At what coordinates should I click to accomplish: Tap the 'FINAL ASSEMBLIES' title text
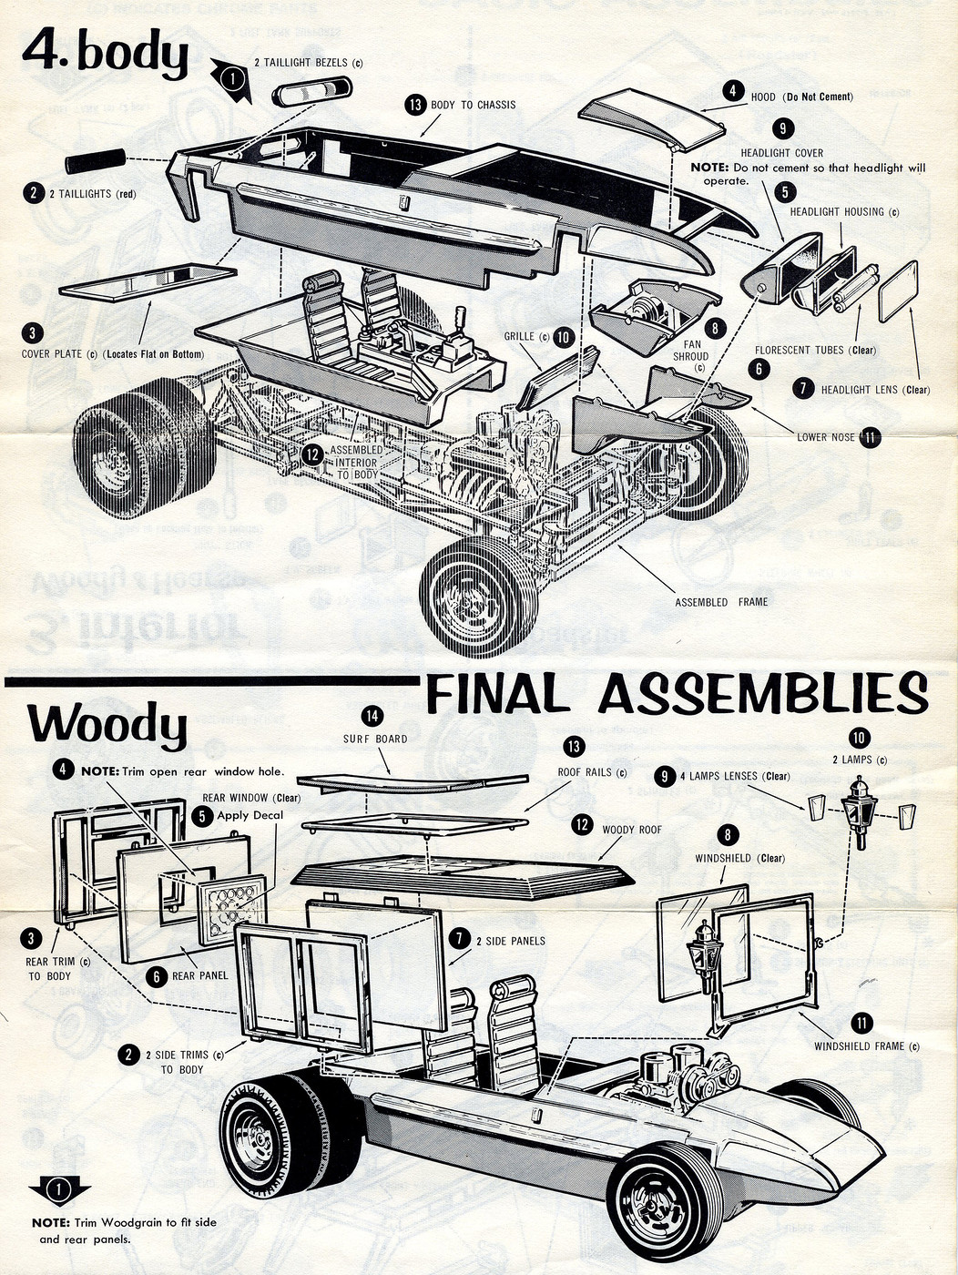[676, 695]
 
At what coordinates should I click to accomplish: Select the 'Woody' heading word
[107, 725]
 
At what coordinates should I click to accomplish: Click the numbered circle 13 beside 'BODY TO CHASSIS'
[415, 105]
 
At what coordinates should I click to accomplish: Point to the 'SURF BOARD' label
[375, 739]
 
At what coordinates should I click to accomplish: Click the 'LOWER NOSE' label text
[825, 437]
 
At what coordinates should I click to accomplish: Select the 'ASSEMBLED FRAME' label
[721, 602]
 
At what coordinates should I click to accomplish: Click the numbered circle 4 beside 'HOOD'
[732, 90]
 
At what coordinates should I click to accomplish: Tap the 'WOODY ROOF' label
[631, 830]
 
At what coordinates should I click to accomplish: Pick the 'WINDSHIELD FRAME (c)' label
[866, 1046]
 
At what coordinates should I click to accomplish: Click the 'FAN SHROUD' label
[691, 351]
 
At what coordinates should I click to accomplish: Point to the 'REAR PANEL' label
[199, 975]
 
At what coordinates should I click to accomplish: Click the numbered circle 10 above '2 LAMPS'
[859, 738]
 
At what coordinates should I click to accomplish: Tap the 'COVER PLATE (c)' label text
[52, 353]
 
